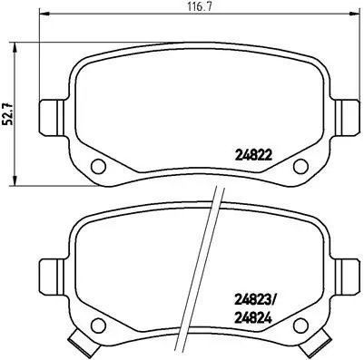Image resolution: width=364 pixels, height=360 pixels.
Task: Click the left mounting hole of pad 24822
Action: [99, 166]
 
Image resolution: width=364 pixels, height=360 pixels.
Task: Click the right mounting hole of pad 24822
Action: [300, 166]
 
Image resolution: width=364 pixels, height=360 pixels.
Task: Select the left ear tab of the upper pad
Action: [52, 116]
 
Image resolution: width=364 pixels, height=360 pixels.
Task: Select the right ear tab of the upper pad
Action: [348, 116]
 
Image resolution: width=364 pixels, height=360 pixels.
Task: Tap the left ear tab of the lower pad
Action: [52, 273]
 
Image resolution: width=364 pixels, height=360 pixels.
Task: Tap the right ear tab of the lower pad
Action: [348, 273]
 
